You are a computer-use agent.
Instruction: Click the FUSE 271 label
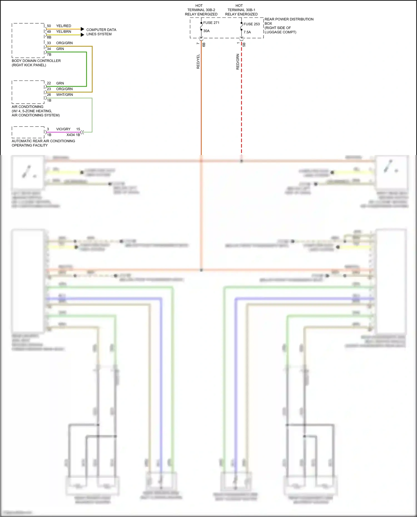click(x=211, y=23)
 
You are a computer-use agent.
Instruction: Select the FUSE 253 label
click(x=251, y=24)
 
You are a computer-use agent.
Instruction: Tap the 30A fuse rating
click(x=206, y=31)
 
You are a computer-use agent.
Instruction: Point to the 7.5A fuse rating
click(x=247, y=32)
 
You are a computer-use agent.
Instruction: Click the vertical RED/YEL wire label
click(x=198, y=61)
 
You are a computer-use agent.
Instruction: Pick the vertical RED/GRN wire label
click(x=238, y=61)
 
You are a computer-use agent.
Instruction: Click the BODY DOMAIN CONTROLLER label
click(x=36, y=61)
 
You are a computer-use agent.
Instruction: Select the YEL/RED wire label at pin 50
click(x=63, y=26)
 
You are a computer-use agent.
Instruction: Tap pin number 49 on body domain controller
click(x=49, y=32)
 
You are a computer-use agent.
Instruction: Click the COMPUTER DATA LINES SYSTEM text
click(x=101, y=32)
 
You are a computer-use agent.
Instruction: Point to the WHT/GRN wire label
click(x=64, y=95)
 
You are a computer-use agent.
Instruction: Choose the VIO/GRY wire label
click(x=63, y=129)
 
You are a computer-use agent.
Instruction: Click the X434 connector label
click(x=71, y=135)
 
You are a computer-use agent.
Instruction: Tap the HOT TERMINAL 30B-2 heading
click(x=201, y=10)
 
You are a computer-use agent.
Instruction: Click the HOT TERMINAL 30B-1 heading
click(x=241, y=10)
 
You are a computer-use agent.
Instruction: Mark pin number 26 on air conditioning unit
click(x=49, y=95)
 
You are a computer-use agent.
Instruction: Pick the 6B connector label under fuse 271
click(x=204, y=44)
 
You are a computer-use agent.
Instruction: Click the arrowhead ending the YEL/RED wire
click(x=82, y=29)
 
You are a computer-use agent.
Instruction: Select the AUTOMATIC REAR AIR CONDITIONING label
click(x=43, y=141)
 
